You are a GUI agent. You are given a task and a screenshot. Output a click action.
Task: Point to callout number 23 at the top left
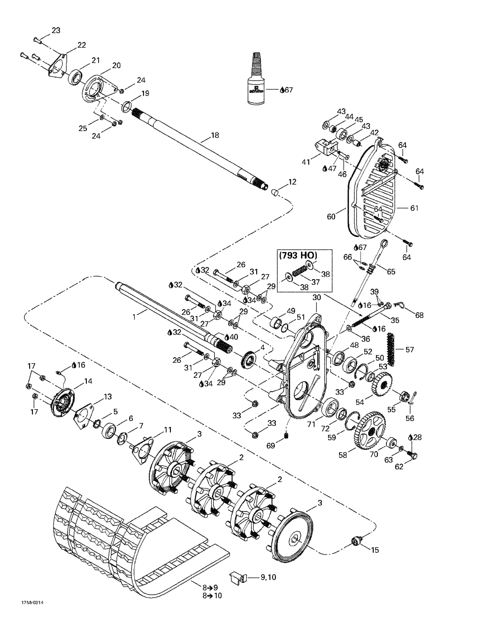click(56, 30)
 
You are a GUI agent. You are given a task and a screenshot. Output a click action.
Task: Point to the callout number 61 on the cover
click(414, 208)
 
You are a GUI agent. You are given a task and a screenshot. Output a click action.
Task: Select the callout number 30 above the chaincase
click(317, 297)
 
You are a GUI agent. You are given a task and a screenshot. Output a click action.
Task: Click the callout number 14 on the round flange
click(88, 381)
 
